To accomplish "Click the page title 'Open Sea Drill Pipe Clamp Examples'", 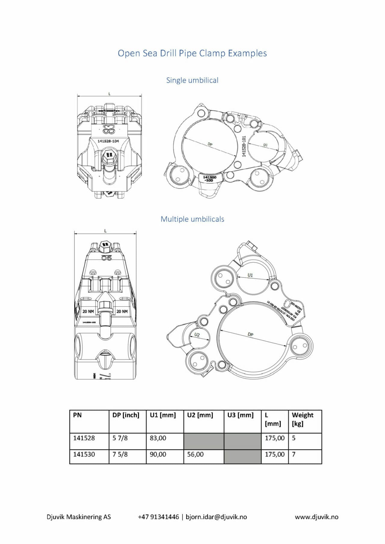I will (x=192, y=53).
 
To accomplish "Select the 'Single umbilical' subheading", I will (x=192, y=80).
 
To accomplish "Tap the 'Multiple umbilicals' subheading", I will (x=192, y=219).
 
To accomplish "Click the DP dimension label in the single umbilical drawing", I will (x=210, y=145).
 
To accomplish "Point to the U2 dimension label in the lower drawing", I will (x=197, y=335).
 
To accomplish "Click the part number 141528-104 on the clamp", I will (x=108, y=141).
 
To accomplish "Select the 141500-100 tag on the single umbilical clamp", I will (x=209, y=179).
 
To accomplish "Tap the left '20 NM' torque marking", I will (x=88, y=311).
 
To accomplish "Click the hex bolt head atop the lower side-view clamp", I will (x=105, y=245).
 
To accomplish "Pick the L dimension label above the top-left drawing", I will (x=109, y=94).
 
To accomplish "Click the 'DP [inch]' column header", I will (x=126, y=415).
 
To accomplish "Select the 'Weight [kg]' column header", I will (x=303, y=419).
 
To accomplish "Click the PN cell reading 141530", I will (x=84, y=454).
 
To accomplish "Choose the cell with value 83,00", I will (x=158, y=438).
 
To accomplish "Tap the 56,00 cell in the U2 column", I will (x=195, y=454).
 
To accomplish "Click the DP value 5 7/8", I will (x=120, y=438).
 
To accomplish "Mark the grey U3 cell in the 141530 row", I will (x=242, y=457).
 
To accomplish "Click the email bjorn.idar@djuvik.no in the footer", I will (x=216, y=517).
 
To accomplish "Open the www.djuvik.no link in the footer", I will (x=316, y=517).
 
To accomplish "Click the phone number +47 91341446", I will (x=158, y=517).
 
